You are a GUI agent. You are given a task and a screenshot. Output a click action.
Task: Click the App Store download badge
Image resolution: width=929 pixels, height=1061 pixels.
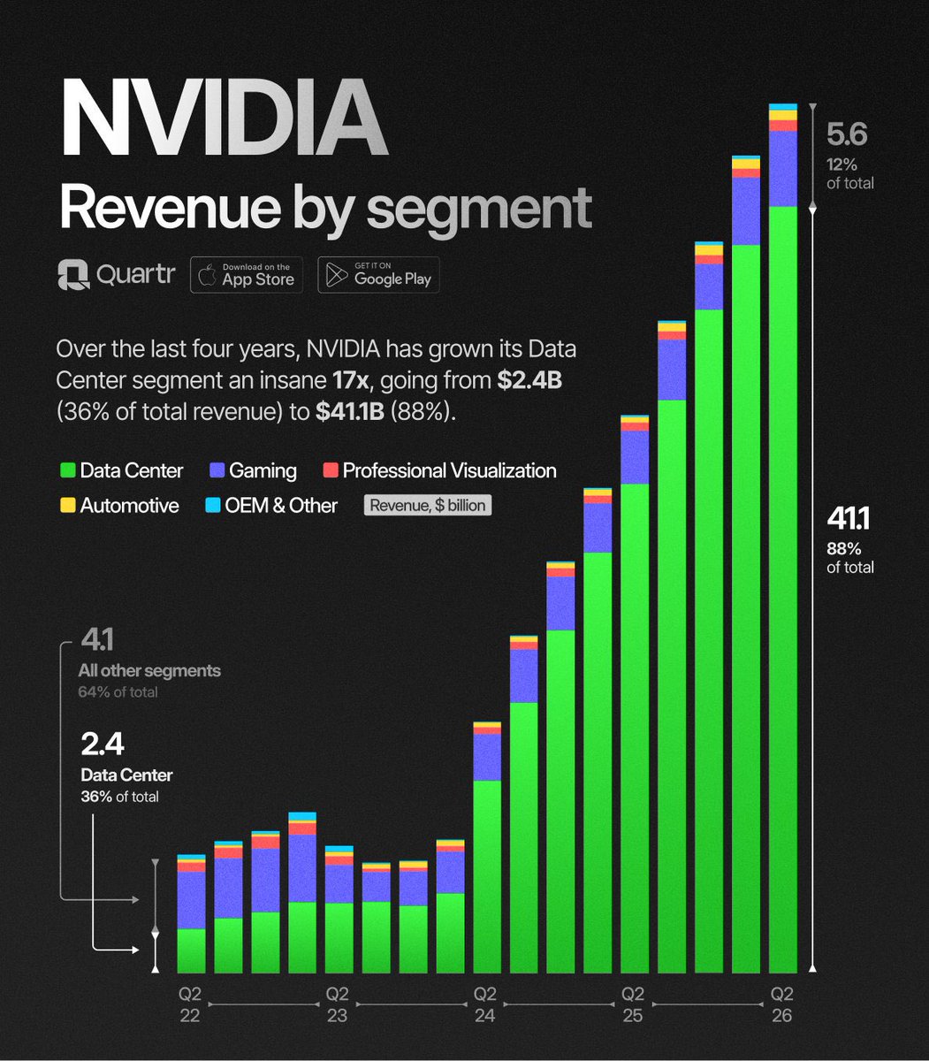pyautogui.click(x=247, y=275)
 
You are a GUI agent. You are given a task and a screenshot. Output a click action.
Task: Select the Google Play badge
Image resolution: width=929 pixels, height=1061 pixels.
pyautogui.click(x=378, y=275)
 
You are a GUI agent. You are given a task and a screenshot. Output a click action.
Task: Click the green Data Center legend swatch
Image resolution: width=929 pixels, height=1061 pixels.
pyautogui.click(x=66, y=470)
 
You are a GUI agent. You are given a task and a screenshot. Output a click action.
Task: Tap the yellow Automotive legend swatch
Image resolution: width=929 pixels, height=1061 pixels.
pyautogui.click(x=66, y=506)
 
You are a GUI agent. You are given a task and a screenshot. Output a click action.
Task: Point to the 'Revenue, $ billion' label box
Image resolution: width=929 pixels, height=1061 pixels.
pyautogui.click(x=428, y=506)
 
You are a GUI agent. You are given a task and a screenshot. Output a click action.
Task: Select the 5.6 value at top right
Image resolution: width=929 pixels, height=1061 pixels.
pyautogui.click(x=847, y=134)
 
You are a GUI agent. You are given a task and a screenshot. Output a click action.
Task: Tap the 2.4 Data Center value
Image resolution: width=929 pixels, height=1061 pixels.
pyautogui.click(x=103, y=744)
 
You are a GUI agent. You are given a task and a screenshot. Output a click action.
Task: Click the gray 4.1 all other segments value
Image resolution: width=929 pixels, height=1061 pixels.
pyautogui.click(x=97, y=639)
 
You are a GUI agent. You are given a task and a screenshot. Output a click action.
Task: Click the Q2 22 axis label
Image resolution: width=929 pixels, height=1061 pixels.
pyautogui.click(x=190, y=1004)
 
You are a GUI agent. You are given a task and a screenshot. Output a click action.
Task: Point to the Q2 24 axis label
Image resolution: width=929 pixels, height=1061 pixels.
pyautogui.click(x=484, y=1004)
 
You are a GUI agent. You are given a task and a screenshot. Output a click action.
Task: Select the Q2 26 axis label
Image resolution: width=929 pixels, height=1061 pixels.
pyautogui.click(x=782, y=1004)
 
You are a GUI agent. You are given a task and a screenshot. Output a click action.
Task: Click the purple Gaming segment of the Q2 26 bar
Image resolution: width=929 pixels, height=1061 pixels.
pyautogui.click(x=782, y=168)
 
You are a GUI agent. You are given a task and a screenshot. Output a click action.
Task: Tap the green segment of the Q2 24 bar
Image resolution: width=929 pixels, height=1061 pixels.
pyautogui.click(x=487, y=875)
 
